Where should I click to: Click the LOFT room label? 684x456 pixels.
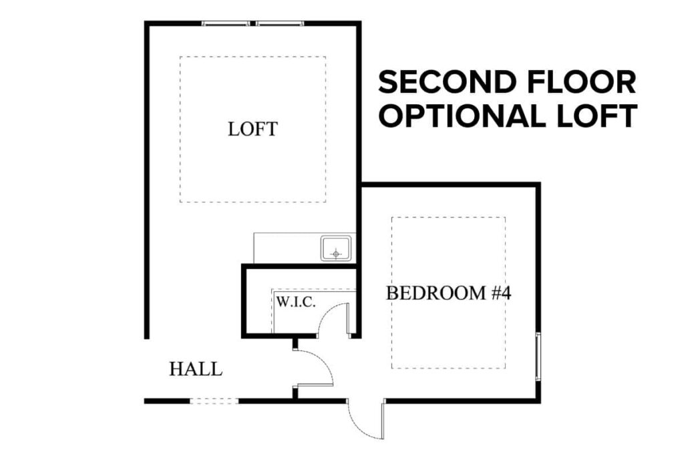tap(252, 129)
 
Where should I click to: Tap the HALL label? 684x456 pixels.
tap(196, 369)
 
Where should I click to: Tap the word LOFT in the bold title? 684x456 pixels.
tap(600, 116)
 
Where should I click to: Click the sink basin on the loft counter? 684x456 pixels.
tap(337, 248)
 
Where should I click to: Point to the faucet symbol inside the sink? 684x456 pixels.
tap(336, 253)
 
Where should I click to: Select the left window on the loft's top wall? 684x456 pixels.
tap(226, 24)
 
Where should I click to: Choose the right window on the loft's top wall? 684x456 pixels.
tap(280, 24)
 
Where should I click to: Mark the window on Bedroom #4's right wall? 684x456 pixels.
tap(538, 356)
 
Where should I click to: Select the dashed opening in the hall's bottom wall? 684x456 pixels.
tap(214, 401)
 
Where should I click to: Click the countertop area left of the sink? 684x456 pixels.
tap(286, 248)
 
